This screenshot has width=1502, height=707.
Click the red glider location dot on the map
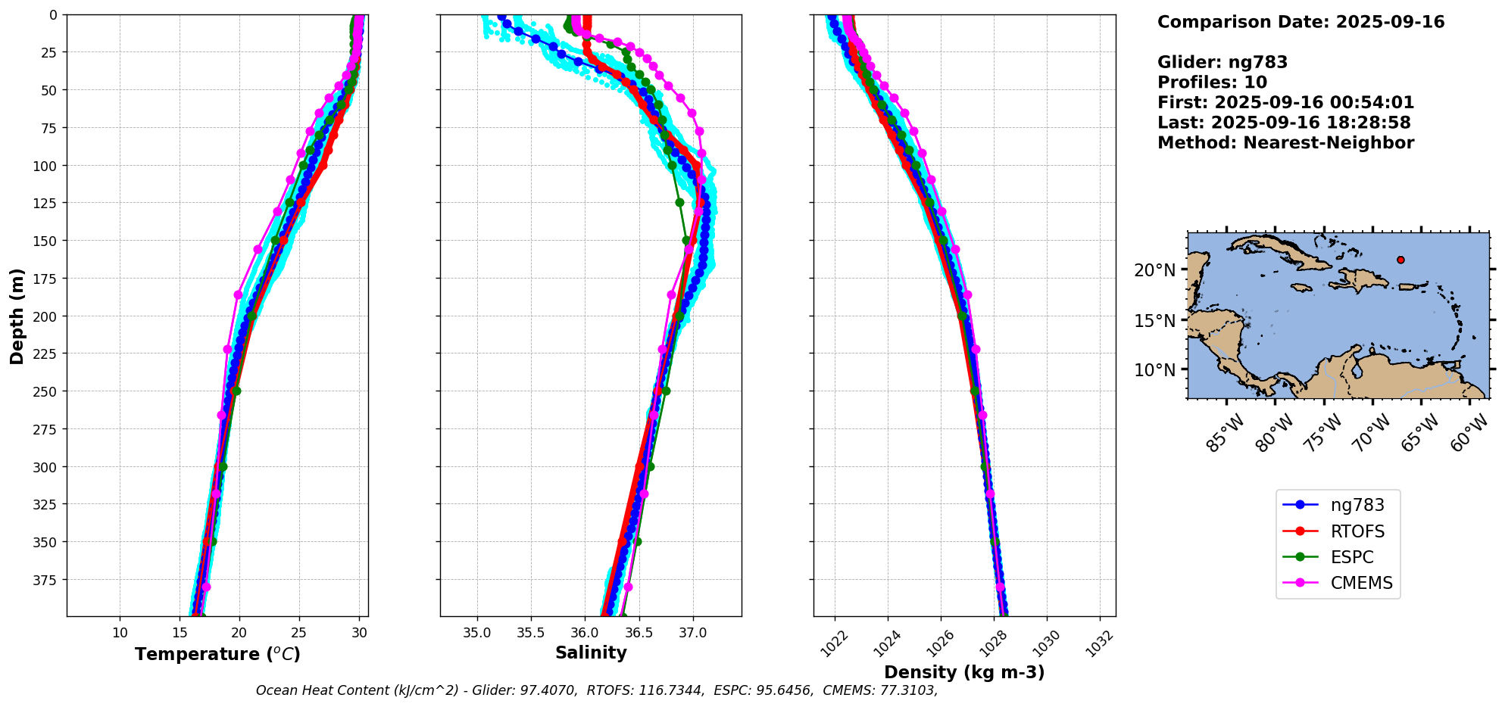point(1401,260)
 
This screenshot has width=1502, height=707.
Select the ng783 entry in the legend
point(1357,505)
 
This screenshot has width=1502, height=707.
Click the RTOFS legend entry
point(1357,531)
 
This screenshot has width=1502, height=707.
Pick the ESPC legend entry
point(1351,557)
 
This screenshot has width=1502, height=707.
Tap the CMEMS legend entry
point(1361,583)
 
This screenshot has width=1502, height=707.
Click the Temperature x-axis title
point(217,654)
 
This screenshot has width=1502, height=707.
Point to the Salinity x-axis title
point(591,652)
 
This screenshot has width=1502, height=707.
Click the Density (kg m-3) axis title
point(964,672)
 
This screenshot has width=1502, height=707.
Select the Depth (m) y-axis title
point(17,316)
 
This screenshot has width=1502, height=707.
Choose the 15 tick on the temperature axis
point(180,633)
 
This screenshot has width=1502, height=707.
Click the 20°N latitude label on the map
point(1155,270)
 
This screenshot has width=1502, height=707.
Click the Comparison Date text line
point(1301,22)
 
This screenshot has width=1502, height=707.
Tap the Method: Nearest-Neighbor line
point(1285,143)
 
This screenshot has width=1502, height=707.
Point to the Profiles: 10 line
point(1212,83)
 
